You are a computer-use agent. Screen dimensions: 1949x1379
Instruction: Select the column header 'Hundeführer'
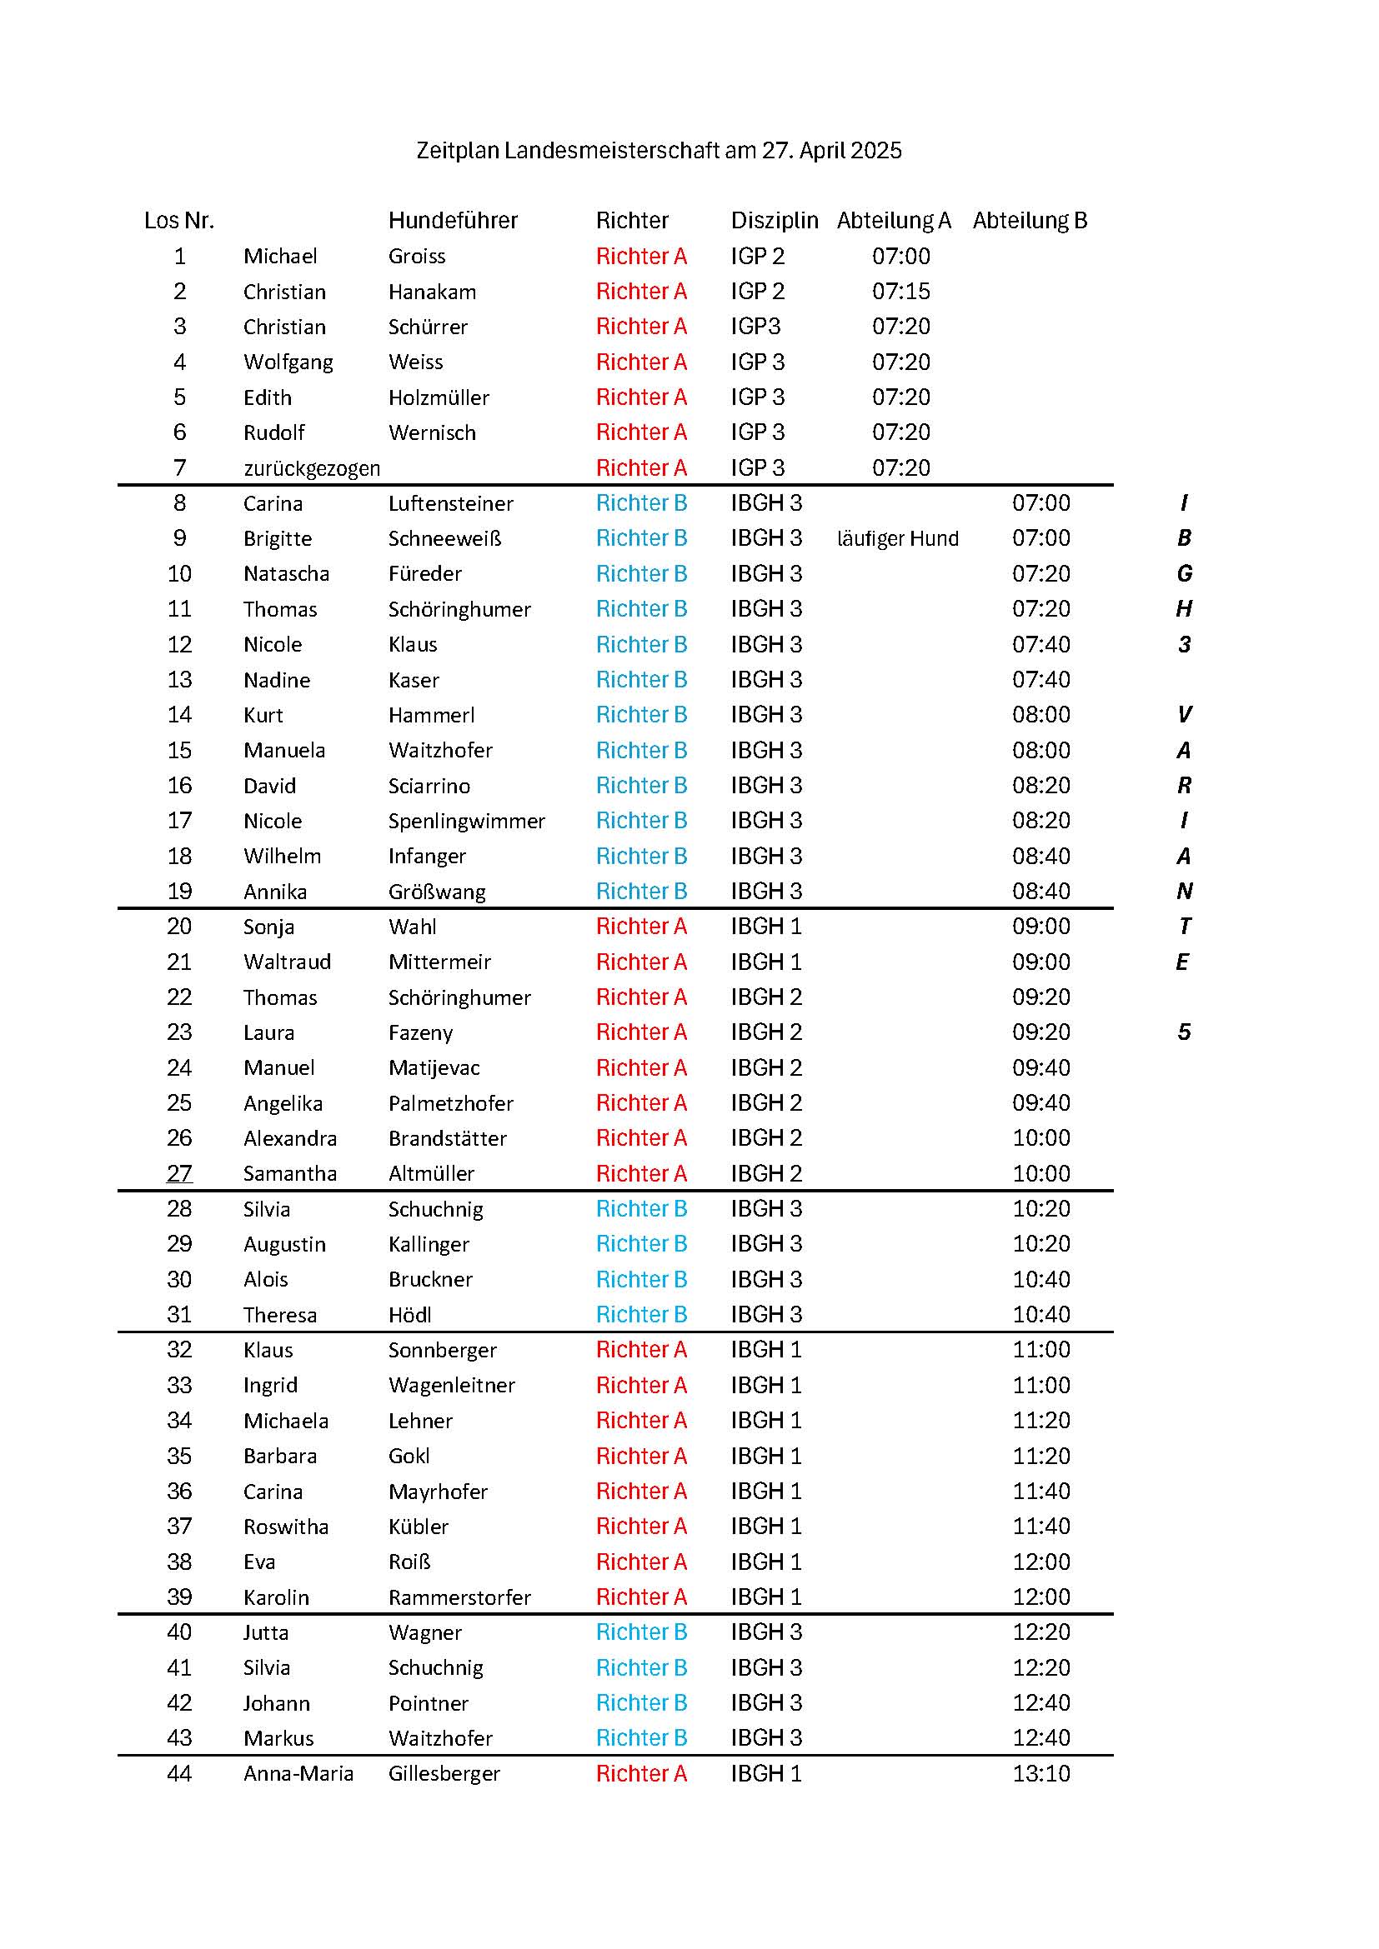coord(453,221)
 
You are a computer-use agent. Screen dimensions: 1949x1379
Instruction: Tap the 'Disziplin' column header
coord(775,221)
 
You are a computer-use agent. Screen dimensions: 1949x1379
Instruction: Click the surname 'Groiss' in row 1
coord(417,257)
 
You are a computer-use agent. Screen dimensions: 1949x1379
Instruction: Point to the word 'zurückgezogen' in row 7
coord(312,468)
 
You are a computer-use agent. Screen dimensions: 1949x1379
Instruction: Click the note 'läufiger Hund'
coord(898,539)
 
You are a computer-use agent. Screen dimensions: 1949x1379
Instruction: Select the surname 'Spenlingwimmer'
coord(466,822)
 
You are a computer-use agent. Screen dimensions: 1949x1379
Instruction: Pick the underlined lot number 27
coord(179,1174)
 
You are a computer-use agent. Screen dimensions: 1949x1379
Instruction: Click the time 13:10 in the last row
coord(1041,1774)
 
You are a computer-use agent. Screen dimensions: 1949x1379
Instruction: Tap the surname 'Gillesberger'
coord(444,1774)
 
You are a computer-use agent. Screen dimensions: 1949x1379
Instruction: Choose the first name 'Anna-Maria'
coord(298,1774)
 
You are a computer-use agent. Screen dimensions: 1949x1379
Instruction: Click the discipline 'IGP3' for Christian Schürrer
coord(755,327)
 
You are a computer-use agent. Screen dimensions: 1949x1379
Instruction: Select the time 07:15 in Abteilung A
coord(901,292)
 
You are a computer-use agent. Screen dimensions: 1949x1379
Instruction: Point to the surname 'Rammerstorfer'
coord(459,1597)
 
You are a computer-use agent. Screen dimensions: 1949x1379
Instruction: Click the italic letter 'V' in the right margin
coord(1185,716)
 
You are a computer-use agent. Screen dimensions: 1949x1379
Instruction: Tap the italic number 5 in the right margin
coord(1185,1033)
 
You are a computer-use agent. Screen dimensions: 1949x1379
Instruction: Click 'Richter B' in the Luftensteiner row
coord(641,503)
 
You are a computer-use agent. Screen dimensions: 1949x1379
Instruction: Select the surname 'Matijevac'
coord(434,1068)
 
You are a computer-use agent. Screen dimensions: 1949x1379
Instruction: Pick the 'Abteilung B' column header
coord(1029,221)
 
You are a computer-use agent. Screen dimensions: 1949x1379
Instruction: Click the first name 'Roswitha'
coord(285,1527)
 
